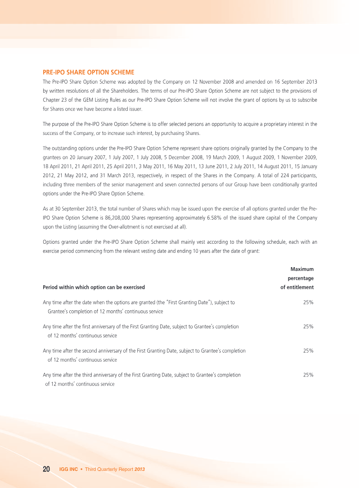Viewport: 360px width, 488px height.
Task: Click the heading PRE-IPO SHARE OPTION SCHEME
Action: [x=89, y=72]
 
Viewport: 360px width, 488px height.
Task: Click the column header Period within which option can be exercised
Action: [x=94, y=287]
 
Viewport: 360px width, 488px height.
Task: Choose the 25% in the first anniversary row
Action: [x=308, y=327]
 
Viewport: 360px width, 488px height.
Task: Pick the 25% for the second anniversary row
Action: [x=308, y=351]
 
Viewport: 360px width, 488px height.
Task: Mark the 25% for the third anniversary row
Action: [x=308, y=375]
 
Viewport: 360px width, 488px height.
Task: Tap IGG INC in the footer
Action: [x=68, y=470]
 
